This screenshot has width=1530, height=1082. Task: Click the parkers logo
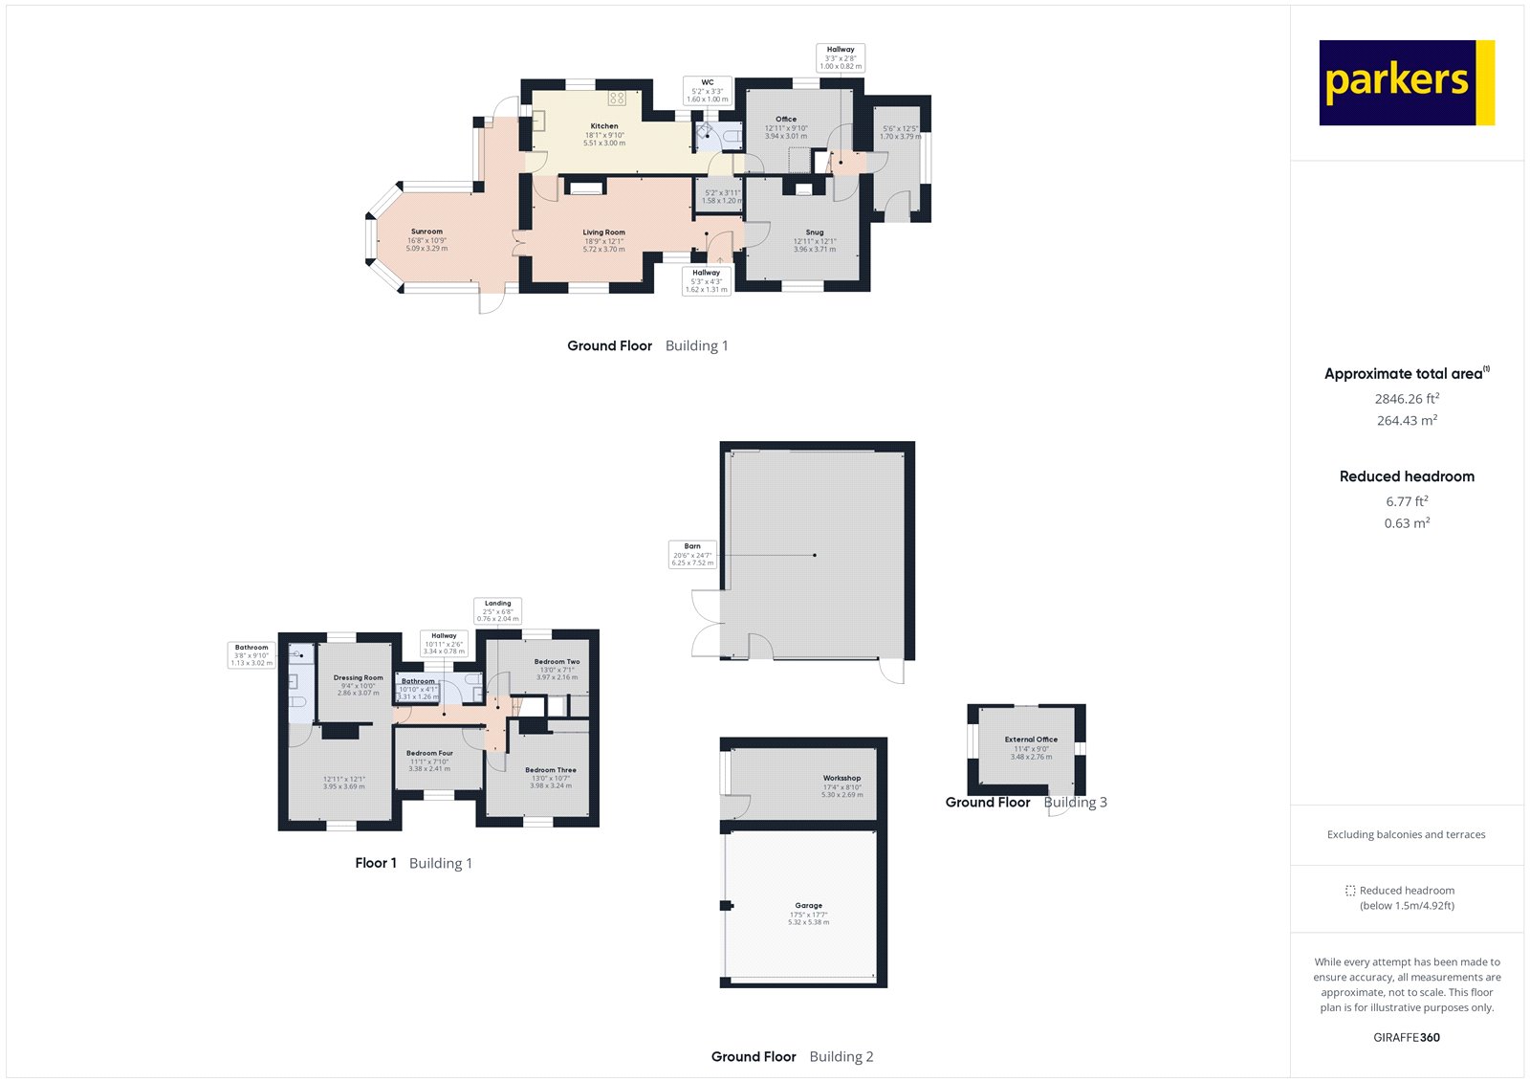click(1406, 82)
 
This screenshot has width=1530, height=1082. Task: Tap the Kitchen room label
click(604, 126)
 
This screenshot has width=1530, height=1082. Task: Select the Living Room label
click(604, 232)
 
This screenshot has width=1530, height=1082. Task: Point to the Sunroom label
click(426, 232)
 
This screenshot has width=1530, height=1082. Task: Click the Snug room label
click(815, 232)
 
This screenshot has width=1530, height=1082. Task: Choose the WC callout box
click(708, 91)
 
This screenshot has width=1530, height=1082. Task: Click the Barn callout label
click(692, 555)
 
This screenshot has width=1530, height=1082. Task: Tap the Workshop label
click(841, 779)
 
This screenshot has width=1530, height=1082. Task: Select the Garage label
click(808, 906)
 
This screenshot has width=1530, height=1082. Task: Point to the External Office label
click(1031, 740)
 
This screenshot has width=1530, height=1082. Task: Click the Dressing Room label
click(359, 678)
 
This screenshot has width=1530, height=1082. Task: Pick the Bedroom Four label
click(429, 754)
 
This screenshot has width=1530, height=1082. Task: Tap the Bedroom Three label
click(551, 770)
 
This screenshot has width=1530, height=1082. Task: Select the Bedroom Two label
click(557, 662)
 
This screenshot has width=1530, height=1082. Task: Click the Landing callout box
click(498, 611)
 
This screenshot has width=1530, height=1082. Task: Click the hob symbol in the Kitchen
click(617, 98)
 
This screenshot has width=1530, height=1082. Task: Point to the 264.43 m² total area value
click(1407, 421)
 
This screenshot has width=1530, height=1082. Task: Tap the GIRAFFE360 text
click(1407, 1037)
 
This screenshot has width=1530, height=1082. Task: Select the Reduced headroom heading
click(1407, 476)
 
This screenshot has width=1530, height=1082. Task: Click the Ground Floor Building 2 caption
click(792, 1057)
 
